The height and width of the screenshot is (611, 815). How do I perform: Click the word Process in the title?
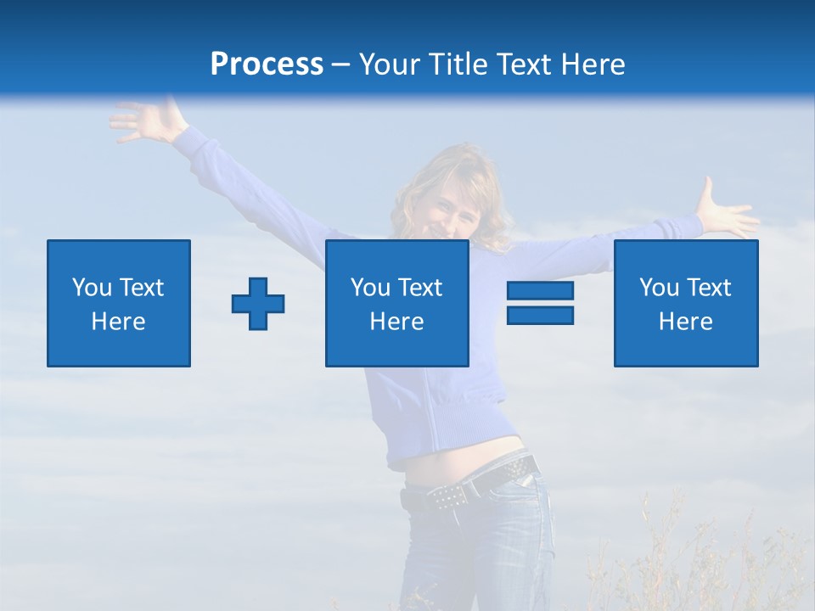tap(267, 64)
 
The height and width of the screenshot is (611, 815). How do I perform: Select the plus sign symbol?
tap(258, 304)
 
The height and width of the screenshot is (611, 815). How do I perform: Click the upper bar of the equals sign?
tap(540, 291)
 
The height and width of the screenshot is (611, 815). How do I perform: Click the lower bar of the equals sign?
tap(540, 316)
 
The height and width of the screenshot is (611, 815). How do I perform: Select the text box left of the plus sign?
tap(119, 303)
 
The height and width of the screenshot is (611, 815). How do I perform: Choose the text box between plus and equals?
tap(396, 303)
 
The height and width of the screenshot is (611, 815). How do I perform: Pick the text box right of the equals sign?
tap(686, 303)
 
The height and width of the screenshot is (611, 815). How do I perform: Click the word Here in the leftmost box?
tap(118, 322)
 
